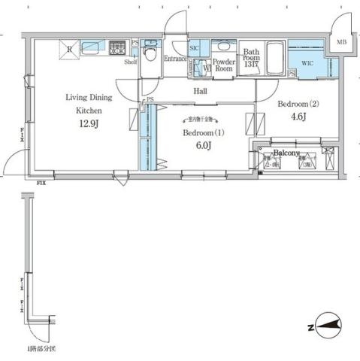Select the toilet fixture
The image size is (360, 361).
[150, 55]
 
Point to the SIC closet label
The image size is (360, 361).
[194, 47]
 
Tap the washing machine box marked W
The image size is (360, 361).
[206, 66]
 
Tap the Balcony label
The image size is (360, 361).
[286, 152]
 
